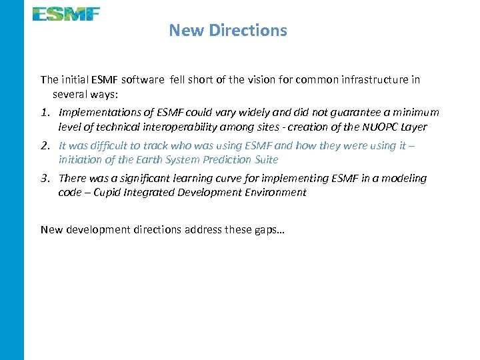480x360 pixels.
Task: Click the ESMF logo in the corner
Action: [x=67, y=13]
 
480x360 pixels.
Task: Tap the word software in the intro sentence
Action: [x=142, y=80]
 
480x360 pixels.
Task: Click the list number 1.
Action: [x=45, y=113]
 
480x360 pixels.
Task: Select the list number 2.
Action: [x=45, y=145]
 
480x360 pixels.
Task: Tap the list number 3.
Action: [x=45, y=178]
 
